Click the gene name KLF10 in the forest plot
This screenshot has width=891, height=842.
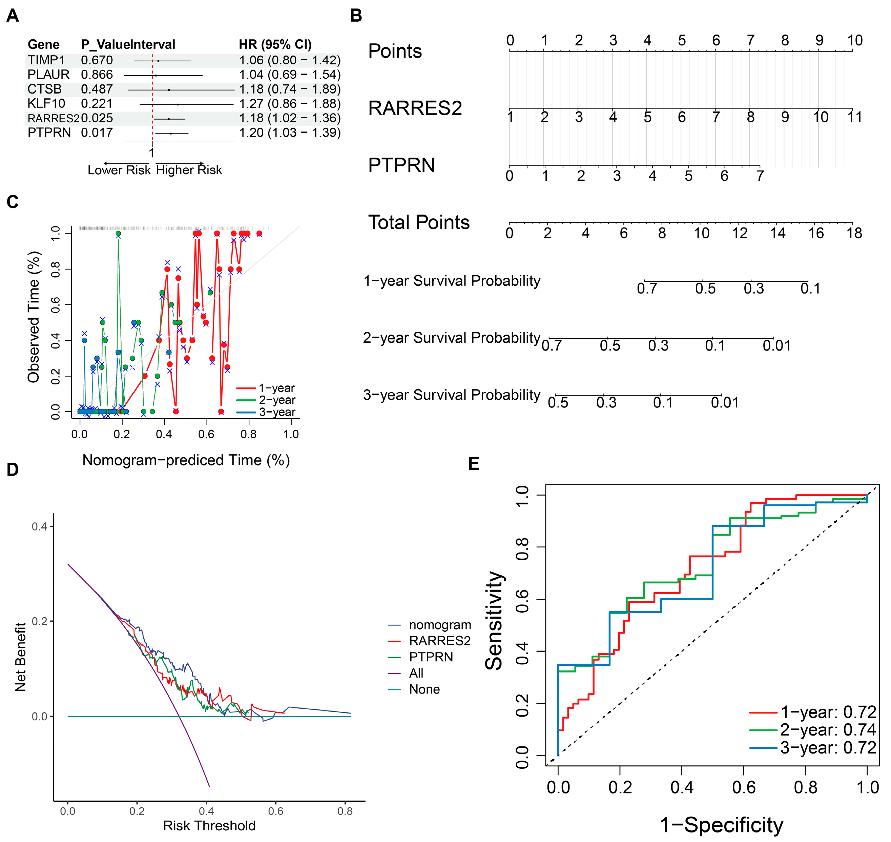pos(46,104)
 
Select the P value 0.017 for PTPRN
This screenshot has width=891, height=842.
pos(97,133)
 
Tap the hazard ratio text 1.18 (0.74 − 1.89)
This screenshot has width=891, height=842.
pos(290,89)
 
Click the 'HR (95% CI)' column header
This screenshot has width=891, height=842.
pos(275,44)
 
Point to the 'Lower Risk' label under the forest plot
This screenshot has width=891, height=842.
pos(119,170)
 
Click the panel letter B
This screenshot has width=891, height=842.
pos(356,16)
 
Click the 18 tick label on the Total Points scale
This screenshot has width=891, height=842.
pos(854,233)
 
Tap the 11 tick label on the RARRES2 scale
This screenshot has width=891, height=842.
pos(855,117)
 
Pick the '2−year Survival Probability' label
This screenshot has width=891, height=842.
pos(452,338)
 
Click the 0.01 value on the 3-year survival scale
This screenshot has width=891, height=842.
pos(725,403)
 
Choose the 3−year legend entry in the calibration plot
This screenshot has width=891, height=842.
pos(266,412)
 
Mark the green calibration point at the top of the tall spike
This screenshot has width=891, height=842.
pos(118,234)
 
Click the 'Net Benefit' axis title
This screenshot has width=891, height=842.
pos(21,657)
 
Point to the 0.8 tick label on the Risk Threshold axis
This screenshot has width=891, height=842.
pos(345,811)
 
